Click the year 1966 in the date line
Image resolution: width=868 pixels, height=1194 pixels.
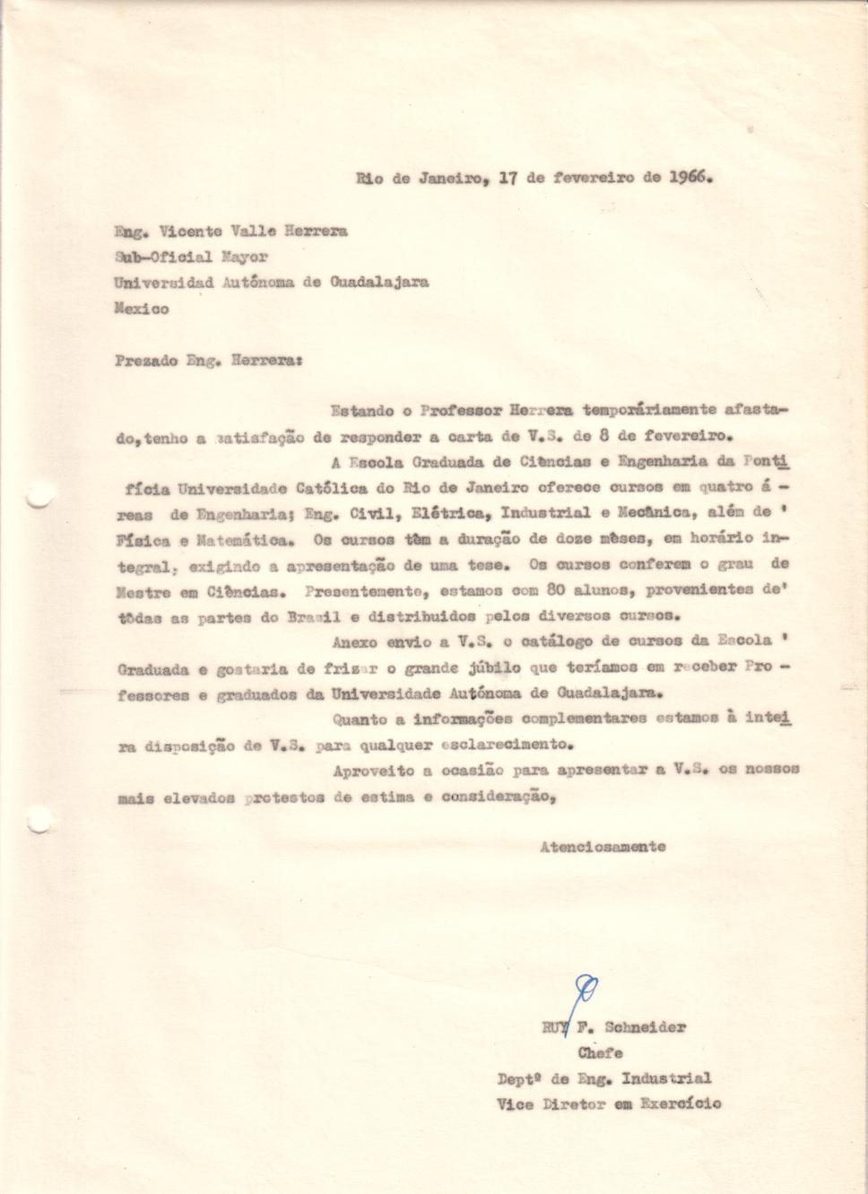click(689, 177)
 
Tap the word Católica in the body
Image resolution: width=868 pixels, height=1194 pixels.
click(334, 488)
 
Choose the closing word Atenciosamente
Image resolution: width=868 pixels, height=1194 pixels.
click(603, 846)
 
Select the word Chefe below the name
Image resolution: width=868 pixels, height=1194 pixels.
click(600, 1053)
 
